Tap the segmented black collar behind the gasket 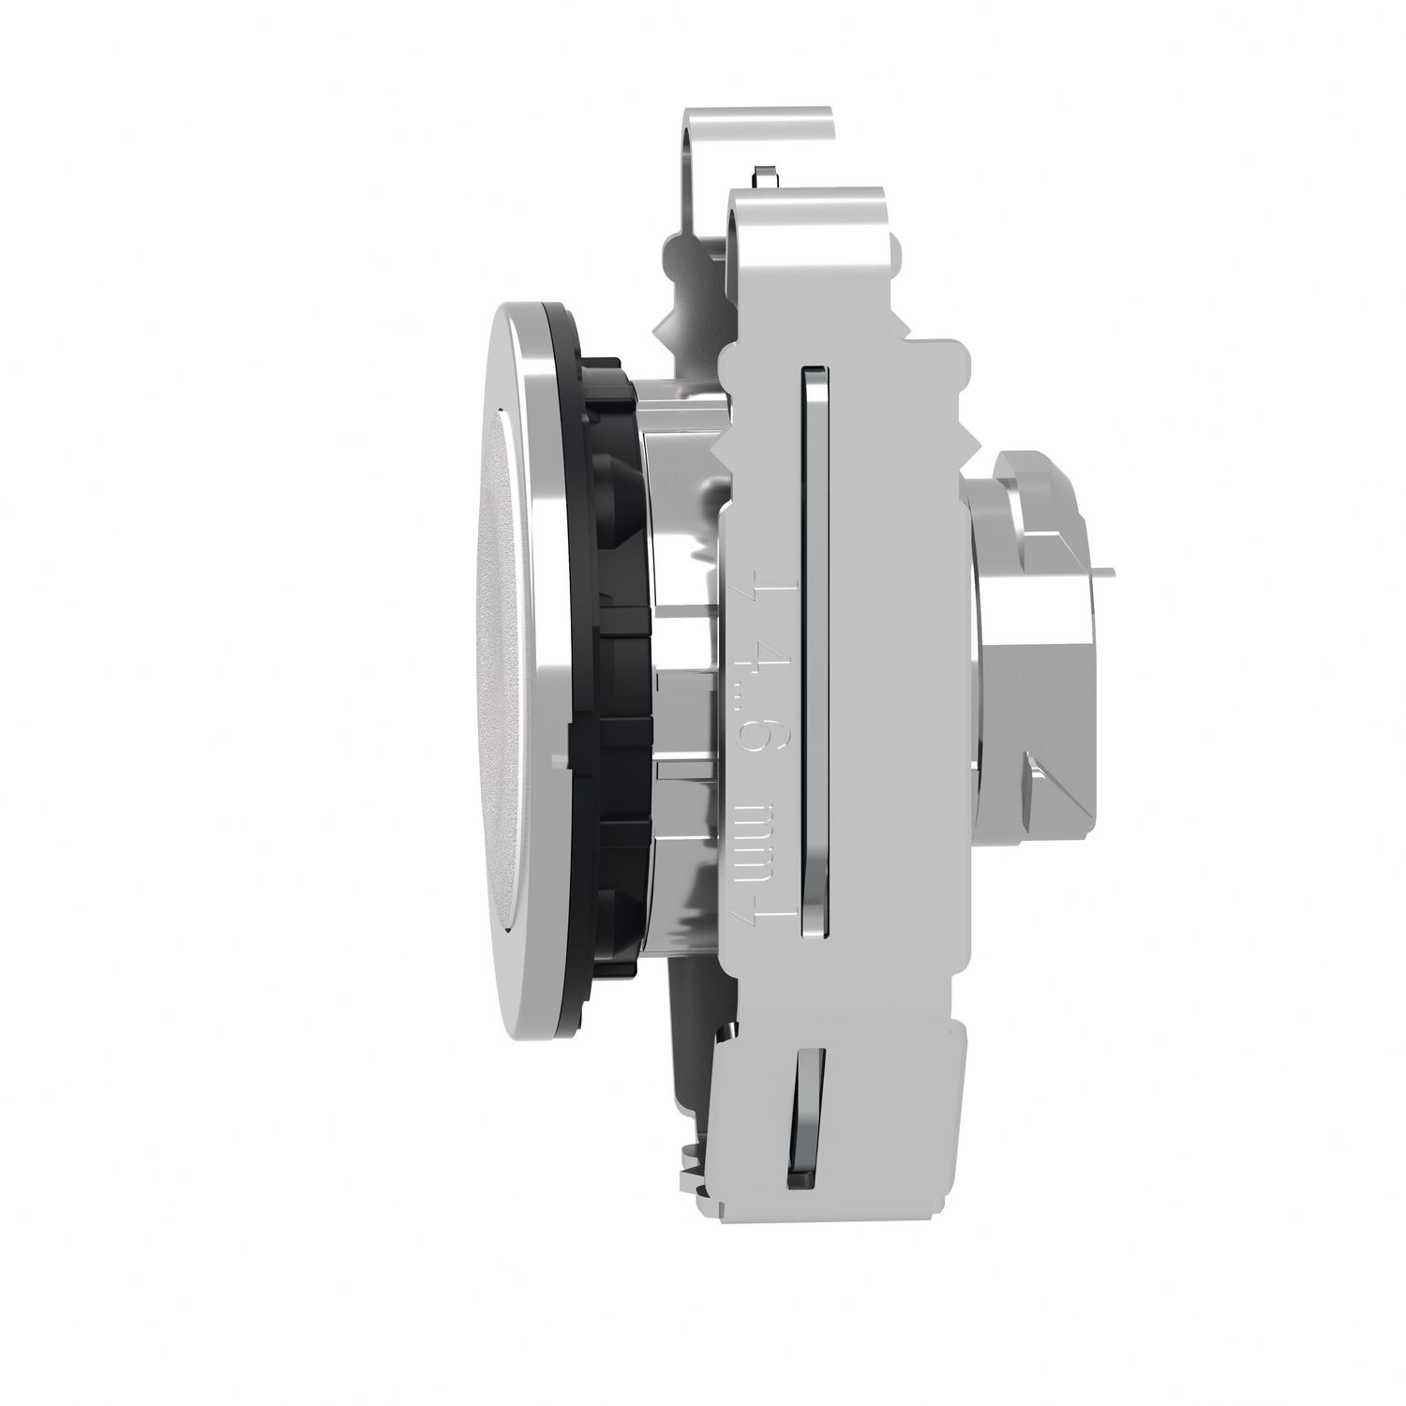pyautogui.click(x=619, y=656)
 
